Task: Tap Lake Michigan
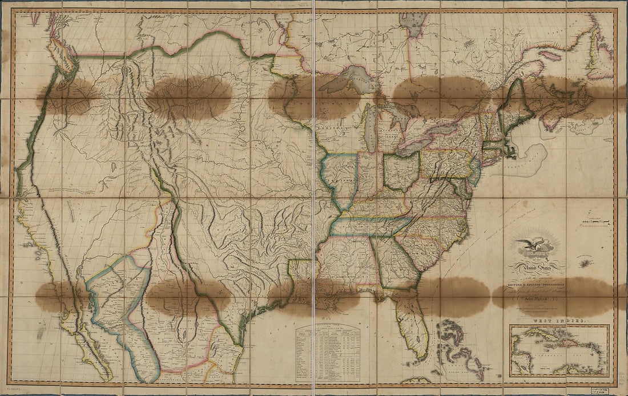tap(371, 126)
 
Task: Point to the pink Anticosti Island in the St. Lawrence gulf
tap(551, 56)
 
